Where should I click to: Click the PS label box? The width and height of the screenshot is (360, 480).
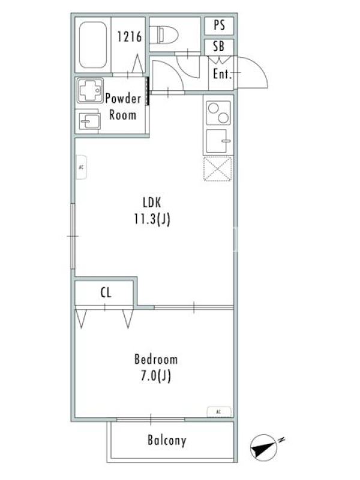coord(219,25)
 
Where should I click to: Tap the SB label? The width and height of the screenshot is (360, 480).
coord(219,47)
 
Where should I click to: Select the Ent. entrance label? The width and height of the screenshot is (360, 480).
coord(222,74)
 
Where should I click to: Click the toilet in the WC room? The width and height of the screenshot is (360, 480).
coord(164,35)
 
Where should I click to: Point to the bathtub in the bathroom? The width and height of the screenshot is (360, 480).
coord(93,44)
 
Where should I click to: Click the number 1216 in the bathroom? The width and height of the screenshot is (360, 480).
coord(130,37)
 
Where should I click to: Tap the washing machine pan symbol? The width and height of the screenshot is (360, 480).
coord(90,91)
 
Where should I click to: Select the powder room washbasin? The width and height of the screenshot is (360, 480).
coord(89,122)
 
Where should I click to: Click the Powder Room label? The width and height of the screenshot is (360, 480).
coord(123,107)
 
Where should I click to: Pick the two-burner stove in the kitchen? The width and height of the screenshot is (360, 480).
coord(218,113)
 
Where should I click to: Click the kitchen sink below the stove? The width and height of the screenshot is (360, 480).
coord(218,141)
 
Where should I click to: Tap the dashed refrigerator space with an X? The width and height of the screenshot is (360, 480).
coord(218,169)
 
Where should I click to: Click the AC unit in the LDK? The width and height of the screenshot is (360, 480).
coord(82,167)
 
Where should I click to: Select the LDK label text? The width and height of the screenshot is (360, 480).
coord(152,202)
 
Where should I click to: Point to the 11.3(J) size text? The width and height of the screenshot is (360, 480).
coord(152,219)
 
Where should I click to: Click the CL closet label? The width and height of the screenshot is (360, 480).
coord(106,293)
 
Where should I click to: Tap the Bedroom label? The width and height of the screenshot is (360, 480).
coord(156,359)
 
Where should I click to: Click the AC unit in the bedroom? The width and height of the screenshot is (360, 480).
coord(219,412)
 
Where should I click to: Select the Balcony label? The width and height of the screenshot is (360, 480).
coord(167,440)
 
